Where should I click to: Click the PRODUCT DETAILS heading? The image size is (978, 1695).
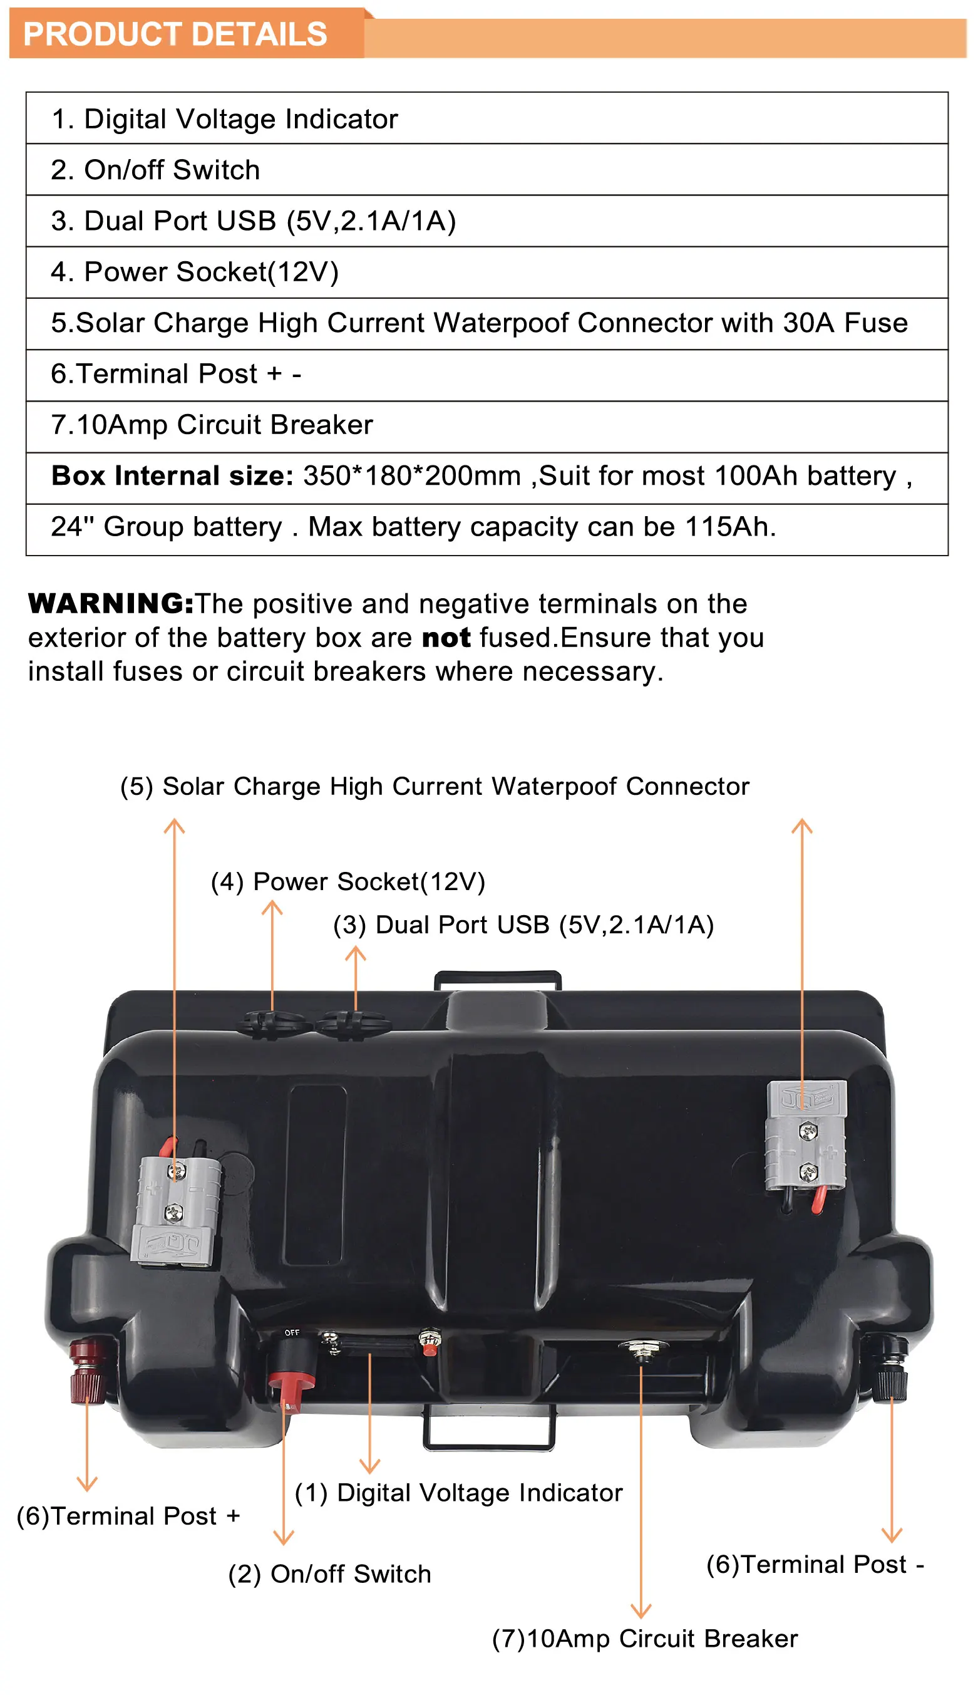point(175,34)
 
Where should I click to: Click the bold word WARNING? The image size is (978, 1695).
point(111,604)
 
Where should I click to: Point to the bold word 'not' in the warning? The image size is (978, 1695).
point(446,638)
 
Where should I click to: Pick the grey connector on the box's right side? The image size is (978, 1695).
point(806,1136)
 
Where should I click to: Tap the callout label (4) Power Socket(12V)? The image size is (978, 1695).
point(348,882)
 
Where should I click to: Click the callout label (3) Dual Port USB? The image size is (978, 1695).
point(523,925)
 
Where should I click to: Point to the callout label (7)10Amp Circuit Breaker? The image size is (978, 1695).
point(645,1639)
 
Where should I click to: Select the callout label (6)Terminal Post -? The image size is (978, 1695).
point(815,1565)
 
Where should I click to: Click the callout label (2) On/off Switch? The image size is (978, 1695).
point(329,1574)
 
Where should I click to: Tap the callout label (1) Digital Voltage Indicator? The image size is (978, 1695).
point(459,1493)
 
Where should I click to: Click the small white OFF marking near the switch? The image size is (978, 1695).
point(292,1332)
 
